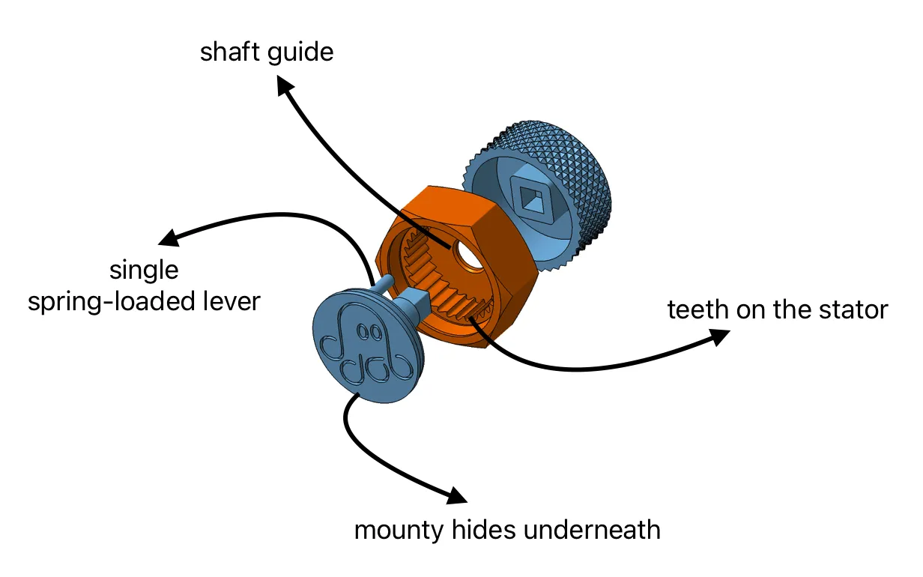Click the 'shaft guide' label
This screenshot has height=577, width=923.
pyautogui.click(x=266, y=53)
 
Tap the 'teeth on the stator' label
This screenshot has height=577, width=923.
pyautogui.click(x=777, y=309)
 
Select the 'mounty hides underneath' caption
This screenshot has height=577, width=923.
pyautogui.click(x=507, y=530)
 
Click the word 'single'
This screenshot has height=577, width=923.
pyautogui.click(x=144, y=269)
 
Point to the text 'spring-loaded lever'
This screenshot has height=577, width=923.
pyautogui.click(x=144, y=300)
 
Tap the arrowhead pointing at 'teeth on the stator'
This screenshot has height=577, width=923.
pyautogui.click(x=720, y=337)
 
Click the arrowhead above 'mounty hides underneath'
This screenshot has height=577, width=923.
pyautogui.click(x=457, y=495)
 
